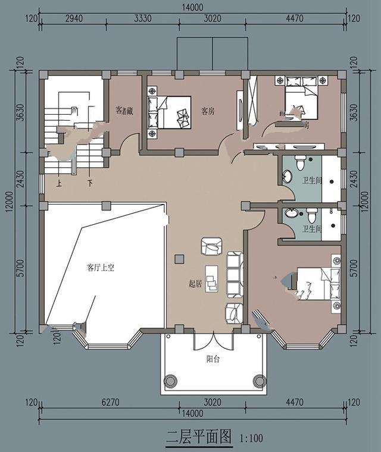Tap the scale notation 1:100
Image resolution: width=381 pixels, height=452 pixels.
click(x=251, y=439)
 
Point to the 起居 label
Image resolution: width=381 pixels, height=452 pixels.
click(x=195, y=284)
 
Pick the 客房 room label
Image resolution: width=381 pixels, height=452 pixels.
click(x=207, y=111)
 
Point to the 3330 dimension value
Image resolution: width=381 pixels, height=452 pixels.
click(x=143, y=18)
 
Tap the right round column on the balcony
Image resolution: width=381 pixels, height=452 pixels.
click(x=259, y=380)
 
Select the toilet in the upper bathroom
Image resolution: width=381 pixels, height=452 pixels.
click(x=301, y=162)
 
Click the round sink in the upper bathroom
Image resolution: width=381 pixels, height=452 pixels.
click(x=288, y=177)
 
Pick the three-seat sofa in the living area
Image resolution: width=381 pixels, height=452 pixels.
click(x=235, y=274)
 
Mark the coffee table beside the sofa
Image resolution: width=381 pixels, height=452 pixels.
click(x=212, y=278)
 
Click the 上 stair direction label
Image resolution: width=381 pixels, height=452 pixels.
click(x=59, y=184)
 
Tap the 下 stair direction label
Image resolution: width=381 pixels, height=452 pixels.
click(x=90, y=184)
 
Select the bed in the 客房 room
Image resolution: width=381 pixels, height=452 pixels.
click(x=174, y=112)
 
